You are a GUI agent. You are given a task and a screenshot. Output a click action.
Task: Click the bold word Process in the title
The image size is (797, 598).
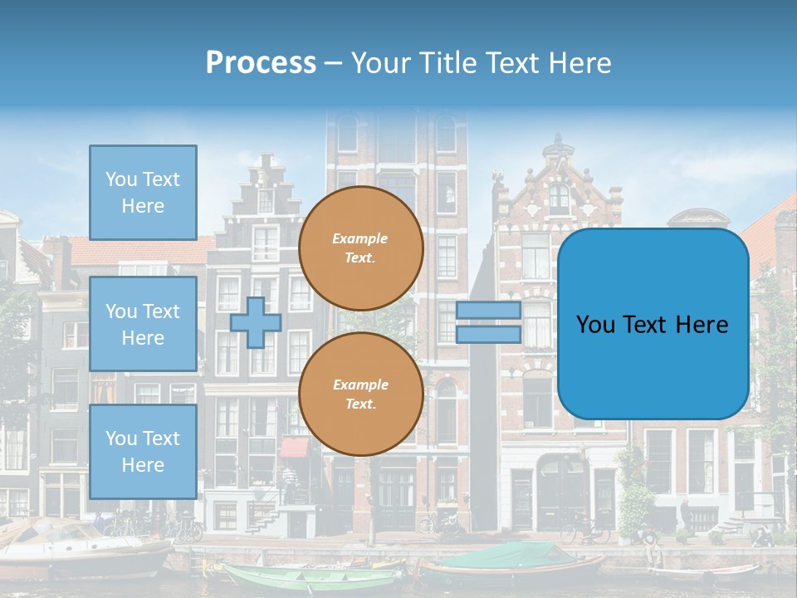[261, 63]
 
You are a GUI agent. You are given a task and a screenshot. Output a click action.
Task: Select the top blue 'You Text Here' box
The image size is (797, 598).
[143, 193]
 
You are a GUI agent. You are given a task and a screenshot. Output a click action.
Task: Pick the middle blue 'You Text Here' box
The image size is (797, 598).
[143, 324]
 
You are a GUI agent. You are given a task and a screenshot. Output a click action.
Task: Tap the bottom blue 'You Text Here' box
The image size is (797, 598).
[143, 452]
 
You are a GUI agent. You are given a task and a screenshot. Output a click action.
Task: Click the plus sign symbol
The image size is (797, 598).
[256, 323]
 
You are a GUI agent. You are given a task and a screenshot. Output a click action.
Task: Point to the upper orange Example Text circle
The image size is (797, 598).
[360, 248]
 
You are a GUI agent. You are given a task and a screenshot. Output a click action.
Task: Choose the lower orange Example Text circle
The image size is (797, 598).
[360, 395]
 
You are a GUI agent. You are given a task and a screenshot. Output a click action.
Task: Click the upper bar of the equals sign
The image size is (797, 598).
[488, 311]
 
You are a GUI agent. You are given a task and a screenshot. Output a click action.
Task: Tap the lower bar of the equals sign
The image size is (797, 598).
[488, 334]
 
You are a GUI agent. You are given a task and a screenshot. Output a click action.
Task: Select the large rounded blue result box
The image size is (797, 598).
[653, 324]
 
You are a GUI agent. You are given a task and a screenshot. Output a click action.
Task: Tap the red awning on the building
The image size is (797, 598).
[295, 447]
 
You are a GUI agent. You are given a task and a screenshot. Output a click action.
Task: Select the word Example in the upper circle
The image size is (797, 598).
[360, 238]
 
